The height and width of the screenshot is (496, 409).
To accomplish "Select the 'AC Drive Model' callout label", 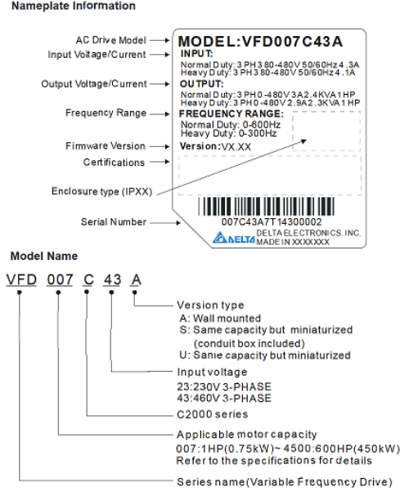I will (110, 39).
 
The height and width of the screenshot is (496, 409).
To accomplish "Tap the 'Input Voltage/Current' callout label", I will (97, 55).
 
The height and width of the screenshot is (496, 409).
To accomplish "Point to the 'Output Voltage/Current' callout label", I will (94, 84).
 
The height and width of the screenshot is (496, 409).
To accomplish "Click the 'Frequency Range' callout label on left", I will (106, 113).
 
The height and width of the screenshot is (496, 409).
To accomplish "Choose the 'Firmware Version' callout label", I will (105, 146).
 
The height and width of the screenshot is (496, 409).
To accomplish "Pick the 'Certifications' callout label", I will (114, 163).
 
